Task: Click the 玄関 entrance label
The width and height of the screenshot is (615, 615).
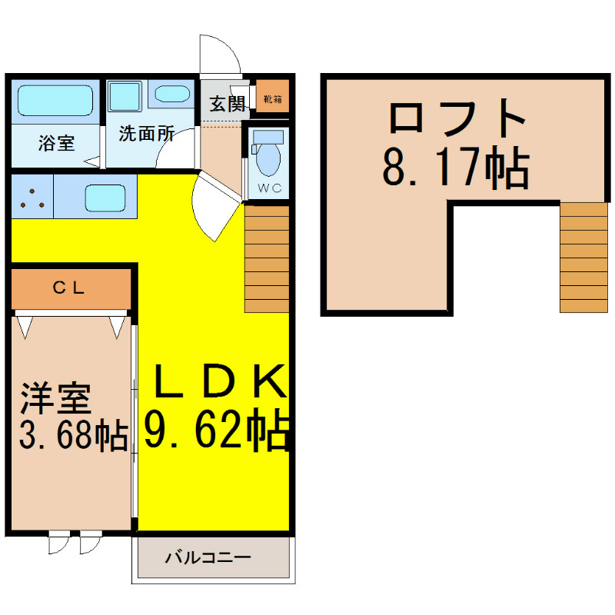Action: pos(227,104)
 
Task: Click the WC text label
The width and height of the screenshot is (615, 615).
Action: pos(270,188)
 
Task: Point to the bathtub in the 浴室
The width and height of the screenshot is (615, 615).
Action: pos(55,101)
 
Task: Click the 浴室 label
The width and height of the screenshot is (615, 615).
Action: pos(56,143)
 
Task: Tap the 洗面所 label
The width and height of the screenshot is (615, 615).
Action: pos(147,134)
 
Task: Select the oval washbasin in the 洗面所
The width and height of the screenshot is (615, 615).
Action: pos(172,94)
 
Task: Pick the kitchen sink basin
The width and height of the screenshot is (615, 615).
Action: pos(105,198)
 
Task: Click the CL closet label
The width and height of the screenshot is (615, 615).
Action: pos(68,288)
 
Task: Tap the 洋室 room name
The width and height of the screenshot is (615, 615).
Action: pos(56,398)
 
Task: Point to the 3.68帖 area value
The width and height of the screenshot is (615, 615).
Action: pos(74,434)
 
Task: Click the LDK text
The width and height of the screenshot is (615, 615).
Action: pos(220,381)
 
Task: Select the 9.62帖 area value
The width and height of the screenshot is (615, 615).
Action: pos(217,430)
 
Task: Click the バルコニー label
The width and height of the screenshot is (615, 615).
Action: pos(208,557)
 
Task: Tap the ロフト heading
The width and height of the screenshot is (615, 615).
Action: pos(457,118)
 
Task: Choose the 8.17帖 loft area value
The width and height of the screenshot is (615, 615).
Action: pos(456,168)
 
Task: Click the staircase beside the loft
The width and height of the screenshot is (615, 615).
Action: pos(583,258)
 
